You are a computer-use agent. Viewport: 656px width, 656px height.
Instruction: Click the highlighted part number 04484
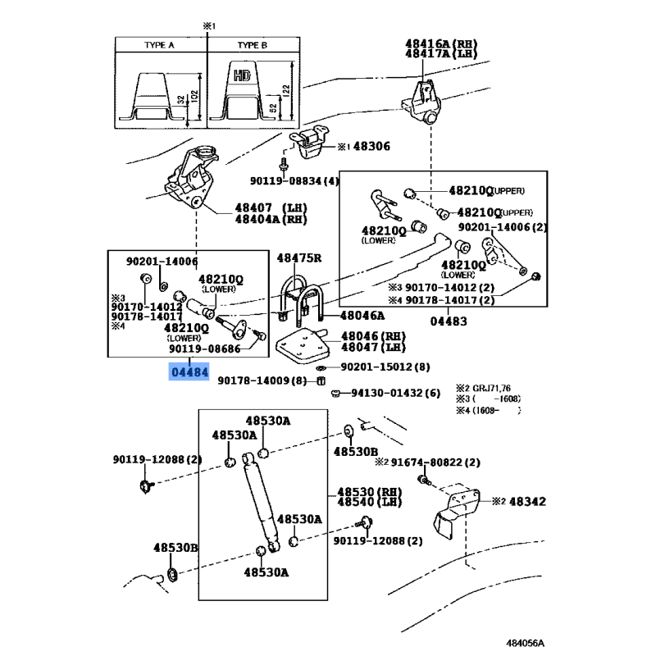click(x=189, y=372)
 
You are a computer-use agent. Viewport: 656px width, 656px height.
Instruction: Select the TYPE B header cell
click(x=252, y=46)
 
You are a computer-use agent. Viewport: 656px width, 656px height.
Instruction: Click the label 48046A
click(x=362, y=314)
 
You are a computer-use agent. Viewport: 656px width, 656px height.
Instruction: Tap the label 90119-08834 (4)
click(x=294, y=180)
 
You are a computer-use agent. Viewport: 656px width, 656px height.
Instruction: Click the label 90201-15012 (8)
click(x=385, y=367)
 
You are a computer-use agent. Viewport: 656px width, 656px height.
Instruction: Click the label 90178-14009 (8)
click(x=276, y=380)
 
